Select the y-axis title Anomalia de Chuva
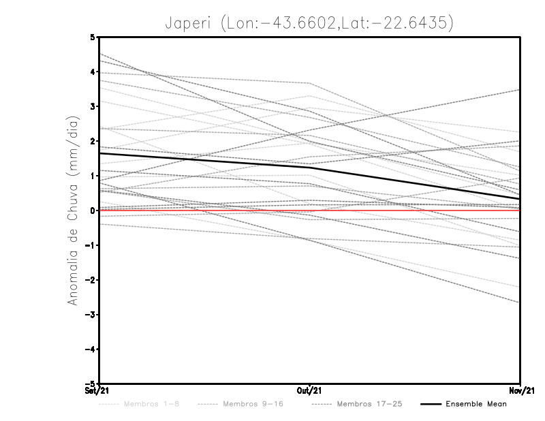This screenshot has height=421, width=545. [74, 211]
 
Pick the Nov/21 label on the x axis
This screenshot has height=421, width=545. [520, 390]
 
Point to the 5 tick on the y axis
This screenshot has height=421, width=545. [93, 37]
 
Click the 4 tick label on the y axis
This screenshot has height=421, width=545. [93, 72]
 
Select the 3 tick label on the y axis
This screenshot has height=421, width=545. [93, 106]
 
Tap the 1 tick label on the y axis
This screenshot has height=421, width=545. [93, 176]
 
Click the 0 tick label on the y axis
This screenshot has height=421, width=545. [93, 210]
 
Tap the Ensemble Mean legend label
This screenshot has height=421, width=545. [476, 404]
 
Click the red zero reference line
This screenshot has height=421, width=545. [409, 210]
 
